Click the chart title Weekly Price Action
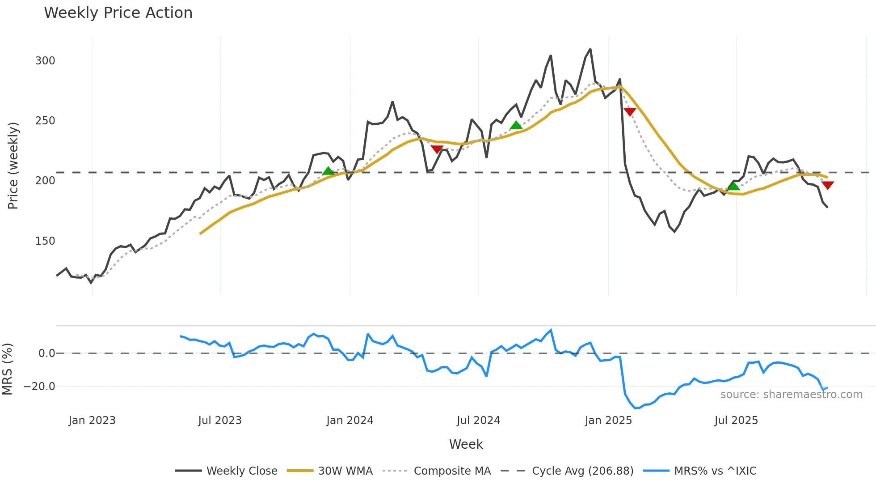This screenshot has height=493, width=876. pyautogui.click(x=118, y=13)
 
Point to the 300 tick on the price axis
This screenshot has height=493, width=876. pyautogui.click(x=45, y=60)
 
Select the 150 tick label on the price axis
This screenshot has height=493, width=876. pyautogui.click(x=45, y=241)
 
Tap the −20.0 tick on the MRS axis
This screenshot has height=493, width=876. pyautogui.click(x=39, y=386)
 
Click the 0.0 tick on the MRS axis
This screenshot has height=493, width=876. pyautogui.click(x=46, y=353)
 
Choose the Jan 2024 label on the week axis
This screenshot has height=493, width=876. pyautogui.click(x=350, y=421)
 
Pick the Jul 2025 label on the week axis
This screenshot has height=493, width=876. pyautogui.click(x=736, y=421)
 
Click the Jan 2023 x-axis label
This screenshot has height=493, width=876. pyautogui.click(x=92, y=421)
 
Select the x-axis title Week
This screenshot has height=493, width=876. pyautogui.click(x=466, y=444)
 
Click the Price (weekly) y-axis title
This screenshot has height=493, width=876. pyautogui.click(x=13, y=166)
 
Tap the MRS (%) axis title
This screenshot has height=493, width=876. pyautogui.click(x=7, y=369)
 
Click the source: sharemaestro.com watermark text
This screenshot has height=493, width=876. pyautogui.click(x=791, y=395)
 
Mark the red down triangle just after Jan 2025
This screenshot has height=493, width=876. pyautogui.click(x=630, y=112)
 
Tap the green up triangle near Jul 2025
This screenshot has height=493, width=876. pyautogui.click(x=733, y=186)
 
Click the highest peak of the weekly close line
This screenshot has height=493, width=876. pyautogui.click(x=590, y=49)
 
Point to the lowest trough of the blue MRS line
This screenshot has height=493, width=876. pyautogui.click(x=635, y=408)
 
